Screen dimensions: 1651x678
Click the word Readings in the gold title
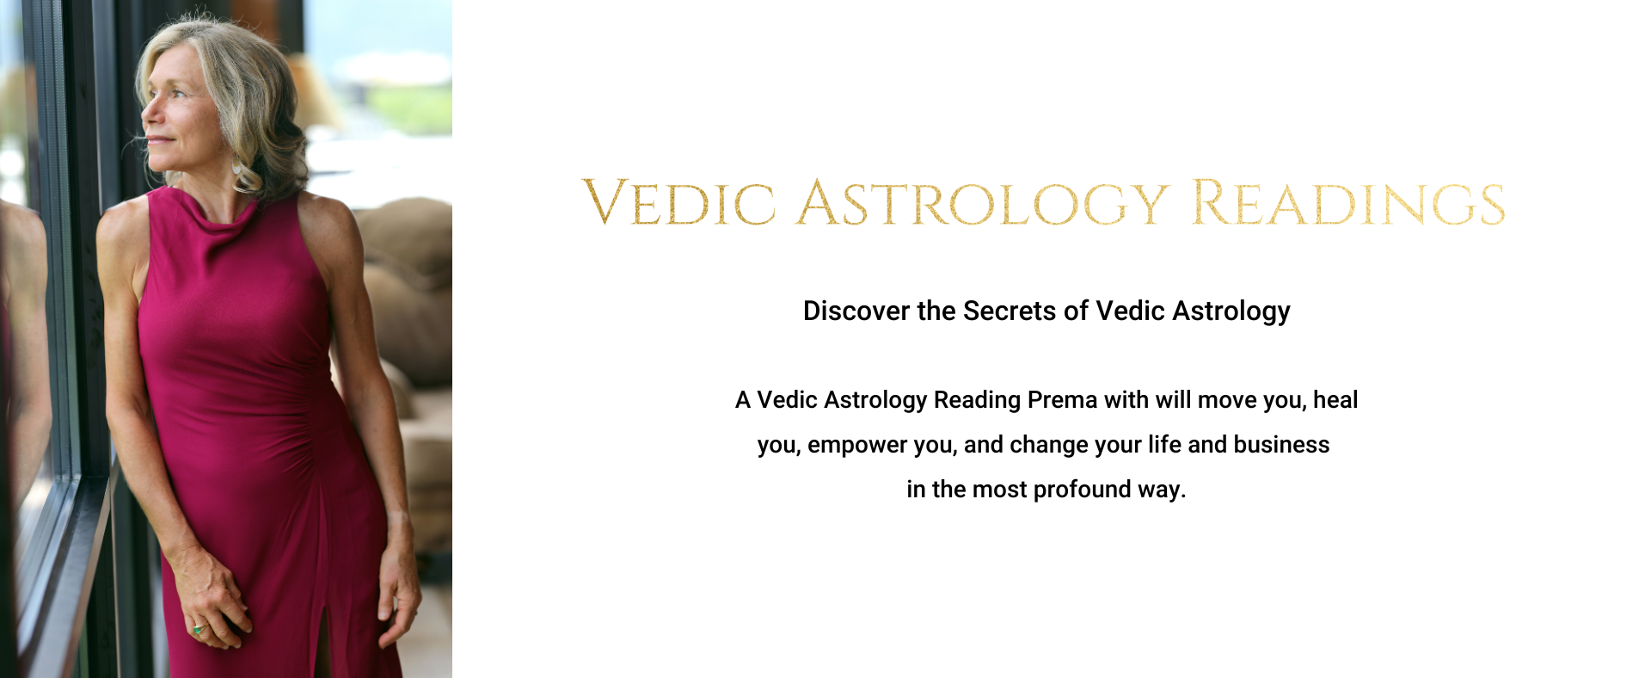tap(1348, 204)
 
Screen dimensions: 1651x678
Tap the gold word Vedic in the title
tap(679, 203)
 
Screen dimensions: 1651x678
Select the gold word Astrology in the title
tap(983, 204)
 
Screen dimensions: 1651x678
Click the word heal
tap(1335, 400)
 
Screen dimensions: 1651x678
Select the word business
tap(1281, 445)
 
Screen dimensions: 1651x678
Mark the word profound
tap(1082, 490)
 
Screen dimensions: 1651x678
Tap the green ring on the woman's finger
tap(199, 629)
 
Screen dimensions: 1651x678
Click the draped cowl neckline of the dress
tap(202, 211)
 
